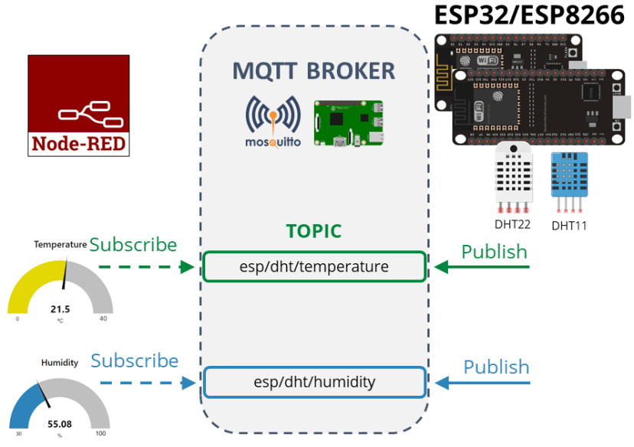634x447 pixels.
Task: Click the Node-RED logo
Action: (x=79, y=106)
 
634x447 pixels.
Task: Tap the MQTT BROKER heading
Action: (x=314, y=71)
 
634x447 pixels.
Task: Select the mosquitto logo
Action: (x=273, y=122)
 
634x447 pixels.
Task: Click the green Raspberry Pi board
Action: (x=348, y=123)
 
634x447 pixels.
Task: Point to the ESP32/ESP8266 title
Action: (x=529, y=15)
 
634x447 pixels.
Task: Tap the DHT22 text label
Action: (x=513, y=224)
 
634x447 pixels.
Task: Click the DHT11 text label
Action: (x=570, y=226)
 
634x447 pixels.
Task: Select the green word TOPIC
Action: (x=313, y=232)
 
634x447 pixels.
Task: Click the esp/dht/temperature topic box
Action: (x=314, y=267)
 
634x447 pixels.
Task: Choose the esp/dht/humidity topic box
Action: (x=314, y=382)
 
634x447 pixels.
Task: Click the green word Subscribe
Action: (x=133, y=245)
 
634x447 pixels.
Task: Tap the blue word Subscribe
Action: (x=134, y=361)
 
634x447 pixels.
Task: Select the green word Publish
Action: (x=494, y=252)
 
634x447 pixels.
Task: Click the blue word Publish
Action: (x=496, y=367)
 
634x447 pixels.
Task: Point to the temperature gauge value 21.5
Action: (x=60, y=309)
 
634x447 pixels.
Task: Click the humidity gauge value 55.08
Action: (x=60, y=423)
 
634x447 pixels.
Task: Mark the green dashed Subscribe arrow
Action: (x=145, y=267)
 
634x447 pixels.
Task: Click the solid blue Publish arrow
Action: (x=482, y=382)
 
